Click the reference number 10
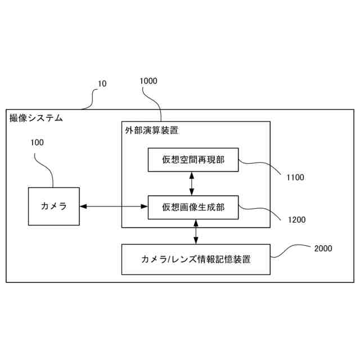pyautogui.click(x=102, y=84)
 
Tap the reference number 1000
pyautogui.click(x=148, y=81)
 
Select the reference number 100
pyautogui.click(x=37, y=142)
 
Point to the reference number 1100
pyautogui.click(x=295, y=178)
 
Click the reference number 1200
pyautogui.click(x=295, y=220)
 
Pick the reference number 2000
pyautogui.click(x=323, y=248)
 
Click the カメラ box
pyautogui.click(x=54, y=206)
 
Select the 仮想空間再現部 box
pyautogui.click(x=193, y=160)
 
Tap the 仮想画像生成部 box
pyautogui.click(x=193, y=207)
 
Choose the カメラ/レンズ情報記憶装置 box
pyautogui.click(x=196, y=259)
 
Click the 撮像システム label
pyautogui.click(x=36, y=118)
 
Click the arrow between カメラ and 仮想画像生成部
pyautogui.click(x=113, y=207)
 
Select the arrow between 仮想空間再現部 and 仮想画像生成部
pyautogui.click(x=193, y=183)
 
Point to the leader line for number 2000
pyautogui.click(x=290, y=251)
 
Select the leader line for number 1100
pyautogui.click(x=262, y=165)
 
